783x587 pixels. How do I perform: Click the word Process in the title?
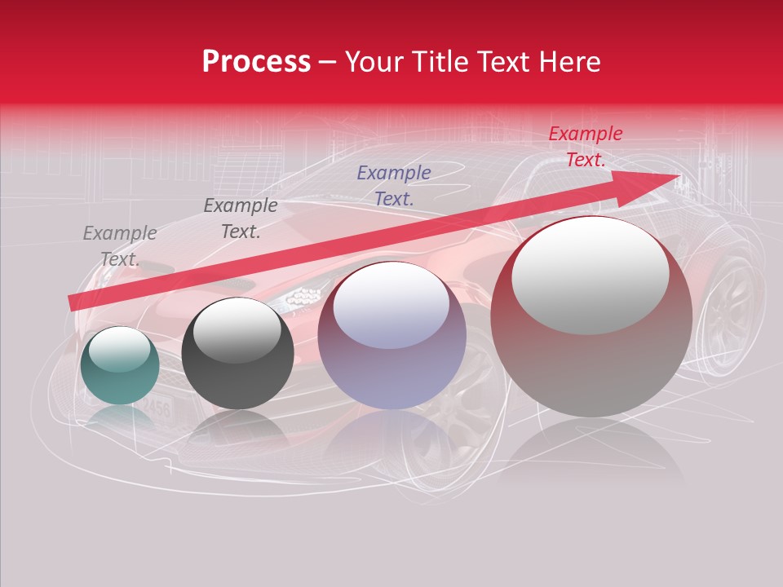tap(256, 62)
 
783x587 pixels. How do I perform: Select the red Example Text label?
tap(585, 147)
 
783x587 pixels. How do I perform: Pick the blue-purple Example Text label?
tap(394, 185)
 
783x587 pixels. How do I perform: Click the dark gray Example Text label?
tap(241, 218)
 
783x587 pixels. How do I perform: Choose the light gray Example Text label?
tap(120, 246)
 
